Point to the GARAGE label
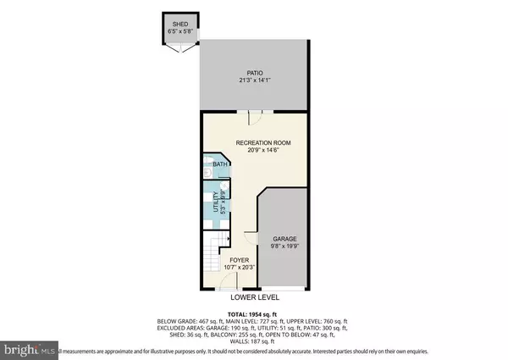pos(284,239)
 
